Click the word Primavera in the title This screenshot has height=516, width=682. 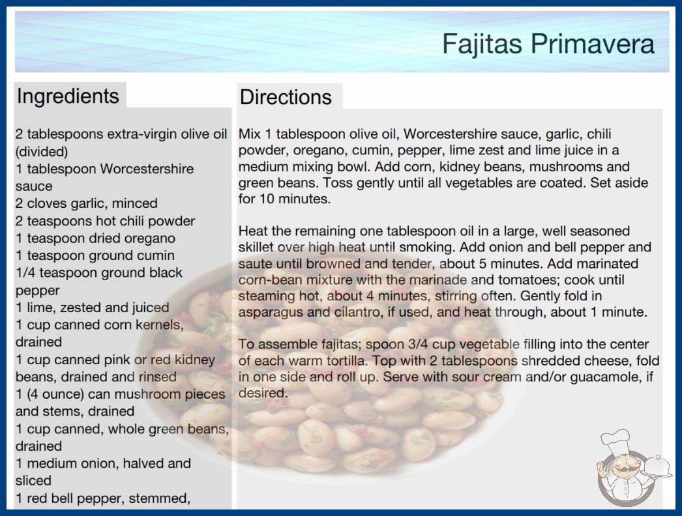[592, 44]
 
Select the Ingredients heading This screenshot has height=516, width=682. [68, 96]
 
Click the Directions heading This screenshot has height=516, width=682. [286, 97]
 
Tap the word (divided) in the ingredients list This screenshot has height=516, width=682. [42, 152]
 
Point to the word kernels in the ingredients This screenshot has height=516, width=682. [160, 324]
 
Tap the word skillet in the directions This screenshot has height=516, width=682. [256, 247]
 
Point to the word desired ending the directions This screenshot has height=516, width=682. [263, 393]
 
